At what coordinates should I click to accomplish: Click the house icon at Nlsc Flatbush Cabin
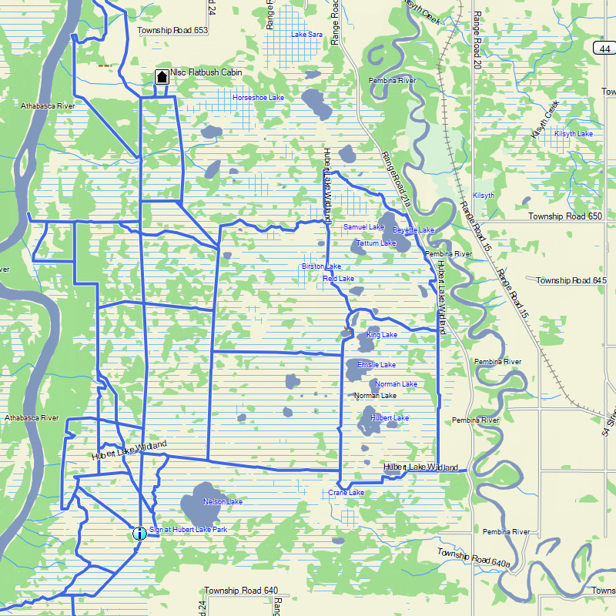pyautogui.click(x=162, y=76)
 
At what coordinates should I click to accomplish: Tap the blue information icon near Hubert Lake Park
pyautogui.click(x=139, y=533)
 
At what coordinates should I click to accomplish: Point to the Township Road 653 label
pyautogui.click(x=172, y=31)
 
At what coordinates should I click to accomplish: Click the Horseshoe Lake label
pyautogui.click(x=259, y=98)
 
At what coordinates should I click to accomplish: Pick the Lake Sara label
pyautogui.click(x=306, y=35)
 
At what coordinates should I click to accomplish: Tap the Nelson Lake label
pyautogui.click(x=223, y=502)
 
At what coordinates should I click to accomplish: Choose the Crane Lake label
pyautogui.click(x=346, y=492)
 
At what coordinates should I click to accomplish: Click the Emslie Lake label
pyautogui.click(x=377, y=365)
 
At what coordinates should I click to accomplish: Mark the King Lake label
pyautogui.click(x=382, y=335)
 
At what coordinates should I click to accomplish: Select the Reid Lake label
pyautogui.click(x=338, y=279)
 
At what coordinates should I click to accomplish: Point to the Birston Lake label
pyautogui.click(x=321, y=266)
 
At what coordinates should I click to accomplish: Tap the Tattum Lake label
pyautogui.click(x=376, y=243)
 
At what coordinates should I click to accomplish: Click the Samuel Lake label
pyautogui.click(x=363, y=227)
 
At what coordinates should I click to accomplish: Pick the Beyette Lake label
pyautogui.click(x=413, y=230)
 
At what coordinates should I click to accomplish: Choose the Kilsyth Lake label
pyautogui.click(x=574, y=134)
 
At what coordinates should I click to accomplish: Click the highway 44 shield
pyautogui.click(x=604, y=49)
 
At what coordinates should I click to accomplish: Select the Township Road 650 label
pyautogui.click(x=565, y=217)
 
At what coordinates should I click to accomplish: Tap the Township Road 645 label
pyautogui.click(x=571, y=280)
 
